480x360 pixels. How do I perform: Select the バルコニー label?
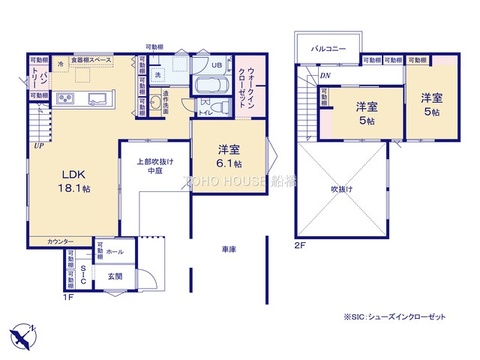pyautogui.click(x=328, y=47)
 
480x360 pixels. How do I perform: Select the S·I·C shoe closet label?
pyautogui.click(x=84, y=271)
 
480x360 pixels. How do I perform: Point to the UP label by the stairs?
pyautogui.click(x=37, y=146)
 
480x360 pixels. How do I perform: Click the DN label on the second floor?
pyautogui.click(x=325, y=76)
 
